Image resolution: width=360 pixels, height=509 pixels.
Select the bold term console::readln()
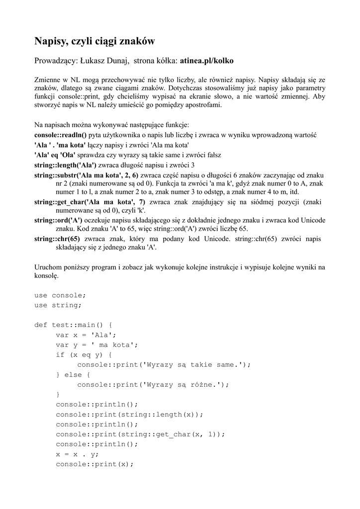point(60,135)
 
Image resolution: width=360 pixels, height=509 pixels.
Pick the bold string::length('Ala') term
point(65,165)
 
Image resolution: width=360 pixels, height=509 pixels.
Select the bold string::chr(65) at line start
point(57,239)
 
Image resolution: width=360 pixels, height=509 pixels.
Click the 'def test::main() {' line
point(74,325)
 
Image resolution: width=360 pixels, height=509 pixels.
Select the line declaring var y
point(97,345)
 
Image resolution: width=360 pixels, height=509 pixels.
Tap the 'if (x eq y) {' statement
point(84,355)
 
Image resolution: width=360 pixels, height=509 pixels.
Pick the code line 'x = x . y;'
point(78,454)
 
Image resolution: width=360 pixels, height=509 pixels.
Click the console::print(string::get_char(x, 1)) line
point(140,434)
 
